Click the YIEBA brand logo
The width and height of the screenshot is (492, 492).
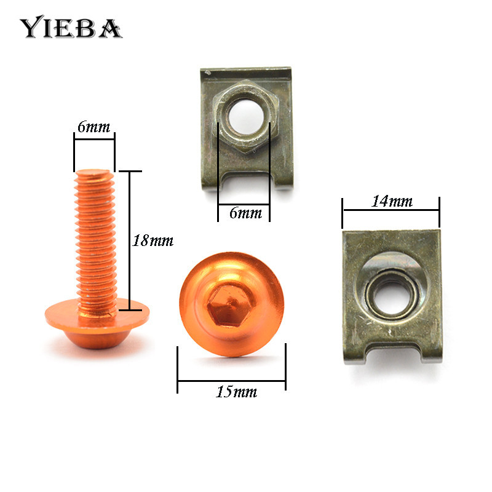pos(71,27)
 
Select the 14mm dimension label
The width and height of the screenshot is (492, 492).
pos(391,201)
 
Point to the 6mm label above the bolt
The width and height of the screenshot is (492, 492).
pos(93,127)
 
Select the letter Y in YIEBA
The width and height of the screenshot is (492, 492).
pos(30,28)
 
